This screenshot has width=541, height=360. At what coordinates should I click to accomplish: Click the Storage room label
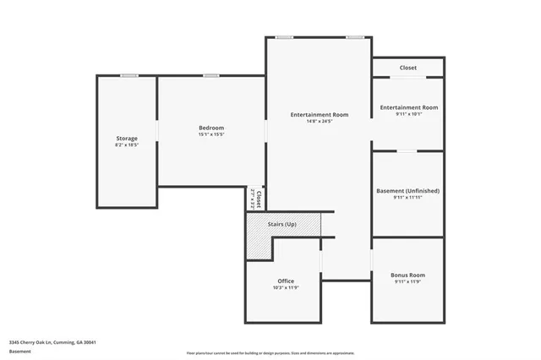pyautogui.click(x=127, y=138)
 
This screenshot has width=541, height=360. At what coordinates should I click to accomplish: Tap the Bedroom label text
pyautogui.click(x=211, y=128)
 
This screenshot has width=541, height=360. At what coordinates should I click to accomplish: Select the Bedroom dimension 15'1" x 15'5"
pyautogui.click(x=211, y=134)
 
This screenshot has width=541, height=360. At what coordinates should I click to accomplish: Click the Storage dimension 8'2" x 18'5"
pyautogui.click(x=127, y=145)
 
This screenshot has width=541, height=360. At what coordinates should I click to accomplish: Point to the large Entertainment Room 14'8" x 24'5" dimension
pyautogui.click(x=319, y=121)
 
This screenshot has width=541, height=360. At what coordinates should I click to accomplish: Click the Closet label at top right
pyautogui.click(x=408, y=68)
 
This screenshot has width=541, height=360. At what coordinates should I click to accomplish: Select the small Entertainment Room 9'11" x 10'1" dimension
pyautogui.click(x=408, y=114)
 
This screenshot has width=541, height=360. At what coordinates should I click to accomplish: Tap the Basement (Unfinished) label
pyautogui.click(x=408, y=191)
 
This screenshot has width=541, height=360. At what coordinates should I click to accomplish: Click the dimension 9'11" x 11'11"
pyautogui.click(x=408, y=198)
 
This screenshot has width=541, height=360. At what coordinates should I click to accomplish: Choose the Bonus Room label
pyautogui.click(x=408, y=275)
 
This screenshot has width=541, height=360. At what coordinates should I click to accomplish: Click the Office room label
pyautogui.click(x=286, y=281)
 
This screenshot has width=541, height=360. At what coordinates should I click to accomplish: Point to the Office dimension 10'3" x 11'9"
pyautogui.click(x=286, y=287)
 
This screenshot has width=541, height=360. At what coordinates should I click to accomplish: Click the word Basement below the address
pyautogui.click(x=20, y=351)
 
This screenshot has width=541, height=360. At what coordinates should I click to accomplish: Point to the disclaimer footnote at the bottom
pyautogui.click(x=270, y=353)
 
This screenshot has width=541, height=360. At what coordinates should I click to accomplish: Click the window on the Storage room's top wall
pyautogui.click(x=129, y=76)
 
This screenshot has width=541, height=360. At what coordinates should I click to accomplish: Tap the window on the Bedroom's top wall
pyautogui.click(x=210, y=76)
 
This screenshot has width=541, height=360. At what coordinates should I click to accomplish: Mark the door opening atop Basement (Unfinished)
pyautogui.click(x=407, y=151)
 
